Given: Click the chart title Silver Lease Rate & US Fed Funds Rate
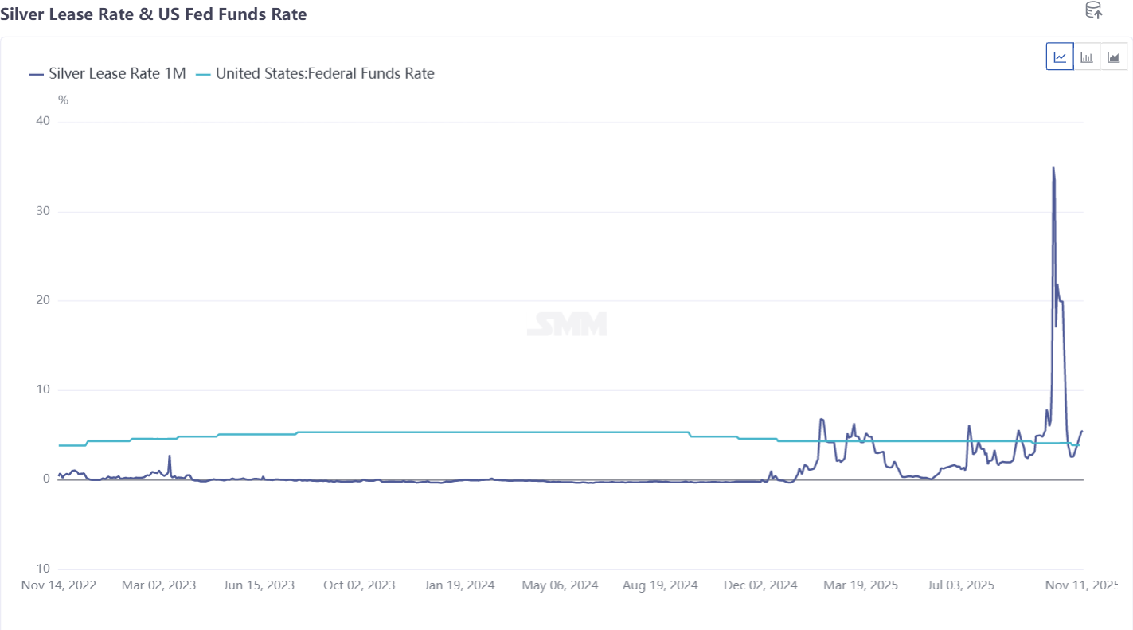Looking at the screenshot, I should click(x=153, y=14).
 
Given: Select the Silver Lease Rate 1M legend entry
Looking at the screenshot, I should click(x=107, y=74).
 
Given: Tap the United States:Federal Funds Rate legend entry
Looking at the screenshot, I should click(x=315, y=74).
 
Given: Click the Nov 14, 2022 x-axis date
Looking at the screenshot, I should click(x=58, y=585).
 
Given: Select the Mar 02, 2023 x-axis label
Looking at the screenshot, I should click(x=158, y=585).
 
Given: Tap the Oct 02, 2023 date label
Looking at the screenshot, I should click(x=359, y=585).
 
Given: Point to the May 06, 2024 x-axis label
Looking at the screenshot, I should click(x=560, y=585).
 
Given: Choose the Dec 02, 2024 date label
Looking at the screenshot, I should click(x=760, y=585).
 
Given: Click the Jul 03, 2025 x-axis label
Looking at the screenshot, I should click(x=961, y=585).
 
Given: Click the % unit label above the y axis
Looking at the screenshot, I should click(x=64, y=100).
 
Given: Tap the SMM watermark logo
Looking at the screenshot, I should click(x=567, y=324).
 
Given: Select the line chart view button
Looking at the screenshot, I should click(x=1060, y=57).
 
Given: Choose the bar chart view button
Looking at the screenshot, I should click(x=1087, y=57).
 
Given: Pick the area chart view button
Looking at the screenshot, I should click(x=1114, y=57).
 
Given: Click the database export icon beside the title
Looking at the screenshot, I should click(x=1094, y=10).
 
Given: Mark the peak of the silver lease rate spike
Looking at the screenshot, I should click(x=1053, y=168).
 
